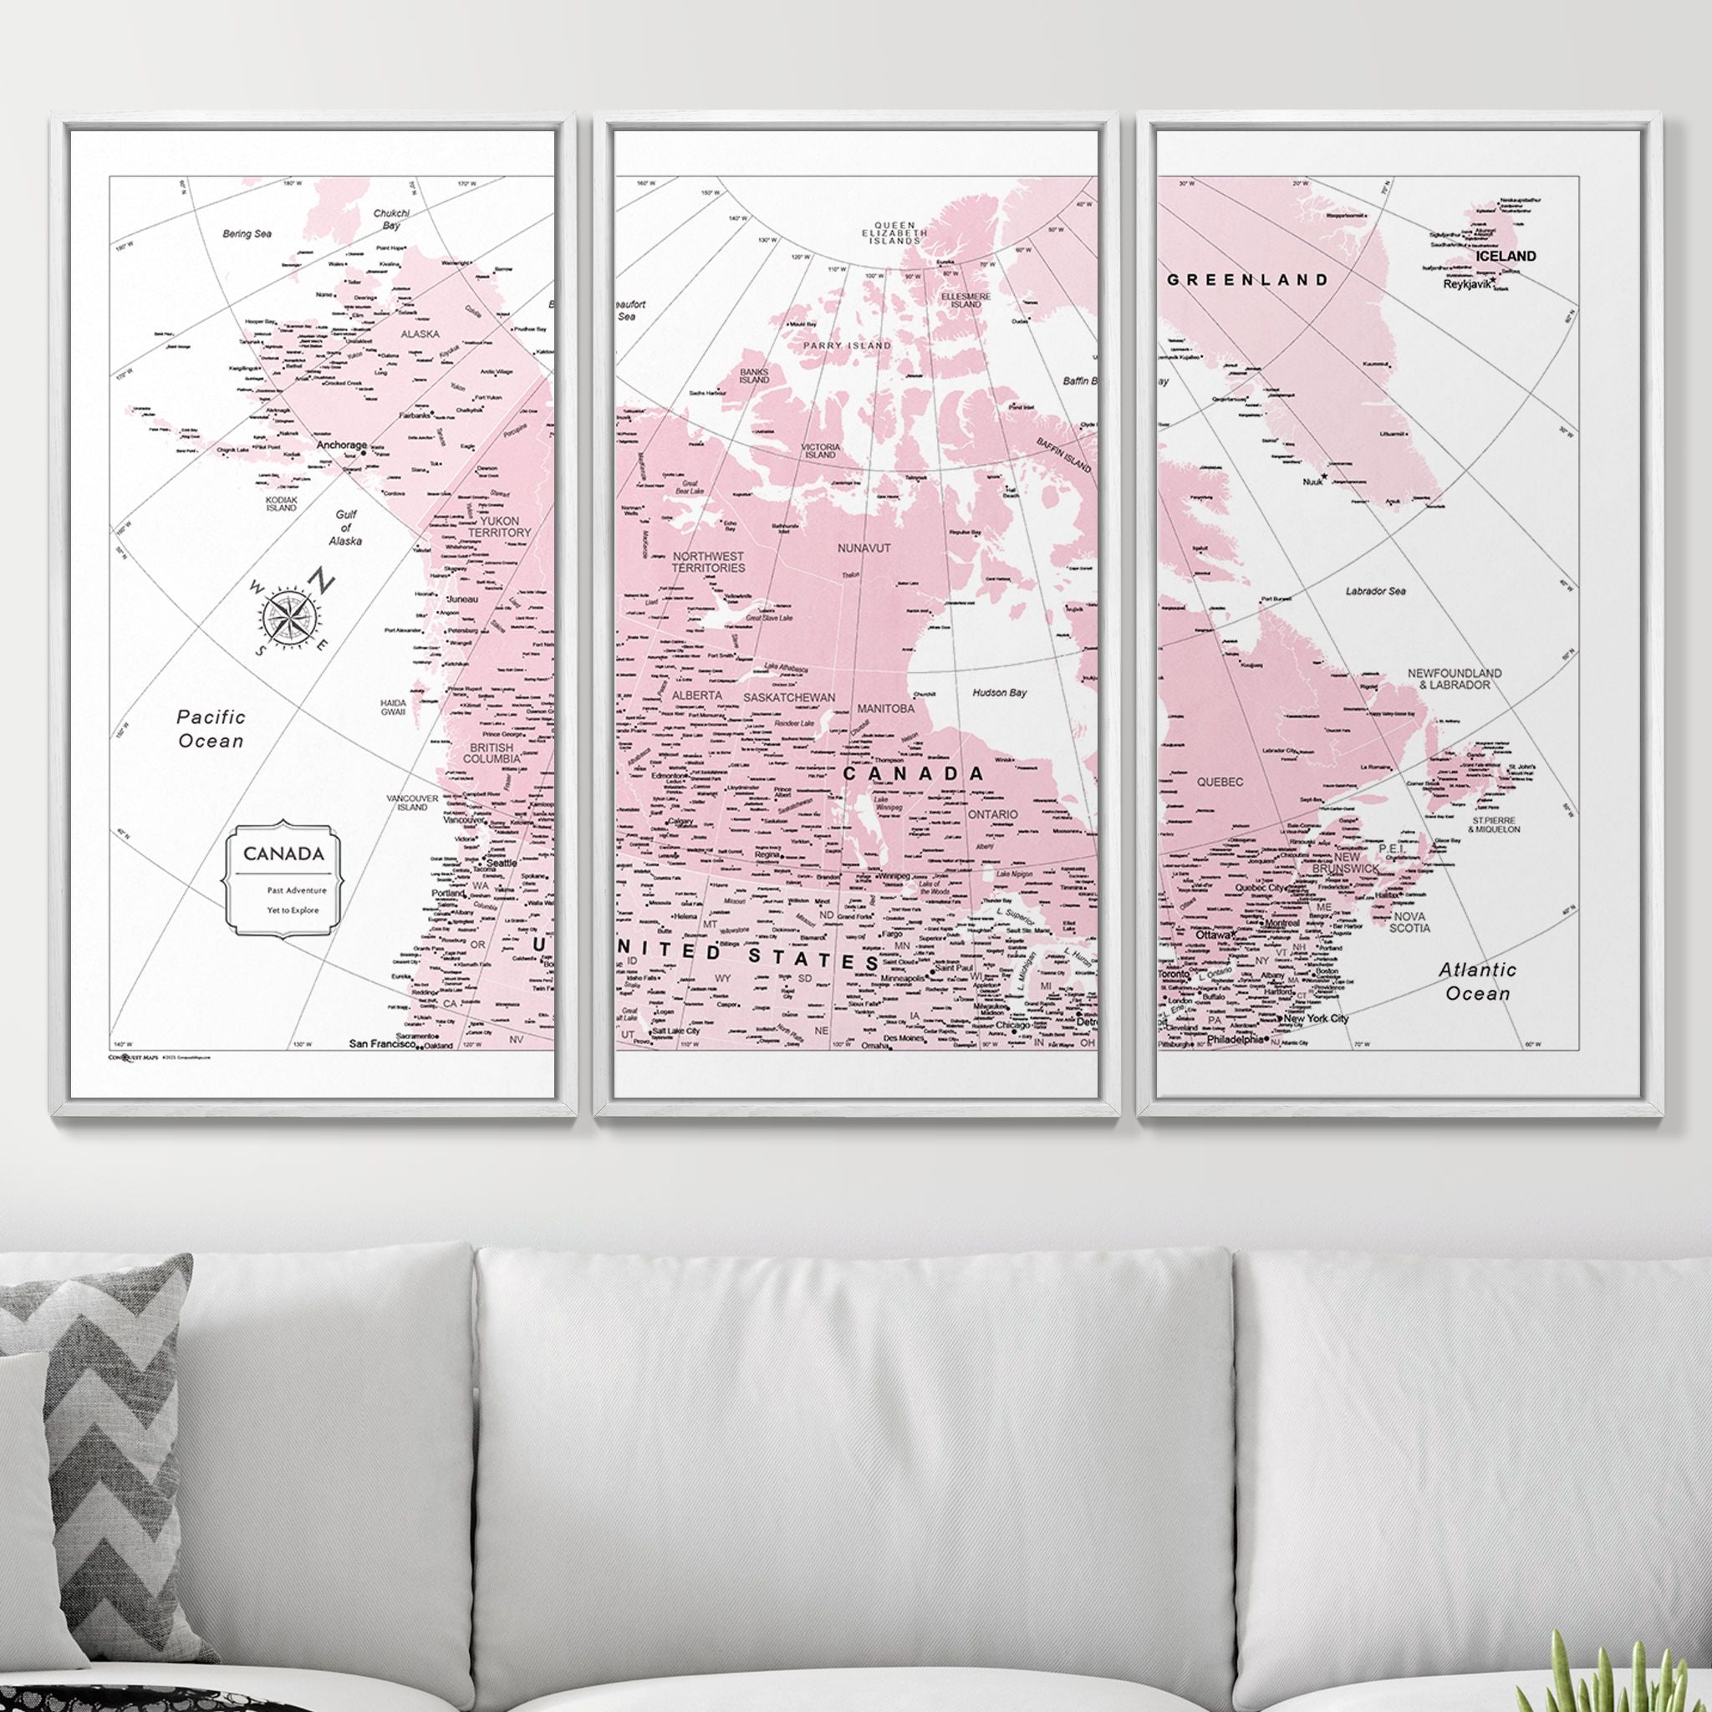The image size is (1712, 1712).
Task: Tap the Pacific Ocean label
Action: pyautogui.click(x=211, y=728)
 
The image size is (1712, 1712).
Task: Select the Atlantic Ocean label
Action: pyautogui.click(x=1477, y=981)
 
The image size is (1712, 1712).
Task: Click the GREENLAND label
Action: pyautogui.click(x=1248, y=280)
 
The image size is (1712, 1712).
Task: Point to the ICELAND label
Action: pyautogui.click(x=1506, y=256)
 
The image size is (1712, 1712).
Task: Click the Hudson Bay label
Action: pyautogui.click(x=1000, y=692)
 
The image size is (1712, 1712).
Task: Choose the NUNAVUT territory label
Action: pyautogui.click(x=864, y=548)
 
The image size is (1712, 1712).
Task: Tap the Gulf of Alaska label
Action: pyautogui.click(x=345, y=527)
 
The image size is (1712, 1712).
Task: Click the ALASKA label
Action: pyautogui.click(x=420, y=334)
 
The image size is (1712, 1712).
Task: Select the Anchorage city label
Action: pyautogui.click(x=341, y=445)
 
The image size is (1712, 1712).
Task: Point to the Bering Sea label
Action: pyautogui.click(x=247, y=234)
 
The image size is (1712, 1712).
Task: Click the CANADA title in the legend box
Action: pyautogui.click(x=283, y=853)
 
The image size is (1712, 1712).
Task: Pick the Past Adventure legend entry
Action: pyautogui.click(x=297, y=889)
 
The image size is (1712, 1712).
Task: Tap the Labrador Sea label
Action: pyautogui.click(x=1374, y=591)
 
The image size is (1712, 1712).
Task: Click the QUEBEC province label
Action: pyautogui.click(x=1220, y=782)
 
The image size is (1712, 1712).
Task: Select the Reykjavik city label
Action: pyautogui.click(x=1466, y=284)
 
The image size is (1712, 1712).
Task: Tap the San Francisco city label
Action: pyautogui.click(x=382, y=1044)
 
